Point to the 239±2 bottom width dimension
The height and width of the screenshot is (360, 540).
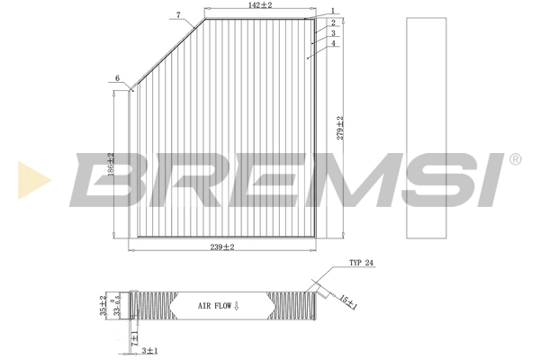point(222,247)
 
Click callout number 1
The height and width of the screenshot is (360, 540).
point(332,12)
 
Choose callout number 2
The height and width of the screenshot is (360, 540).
point(332,22)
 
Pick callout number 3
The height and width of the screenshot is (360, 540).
point(332,32)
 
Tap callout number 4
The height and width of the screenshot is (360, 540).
point(332,43)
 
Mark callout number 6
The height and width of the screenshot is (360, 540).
point(117,79)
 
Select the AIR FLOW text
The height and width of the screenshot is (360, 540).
point(218,306)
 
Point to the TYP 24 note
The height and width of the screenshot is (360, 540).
point(360,264)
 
